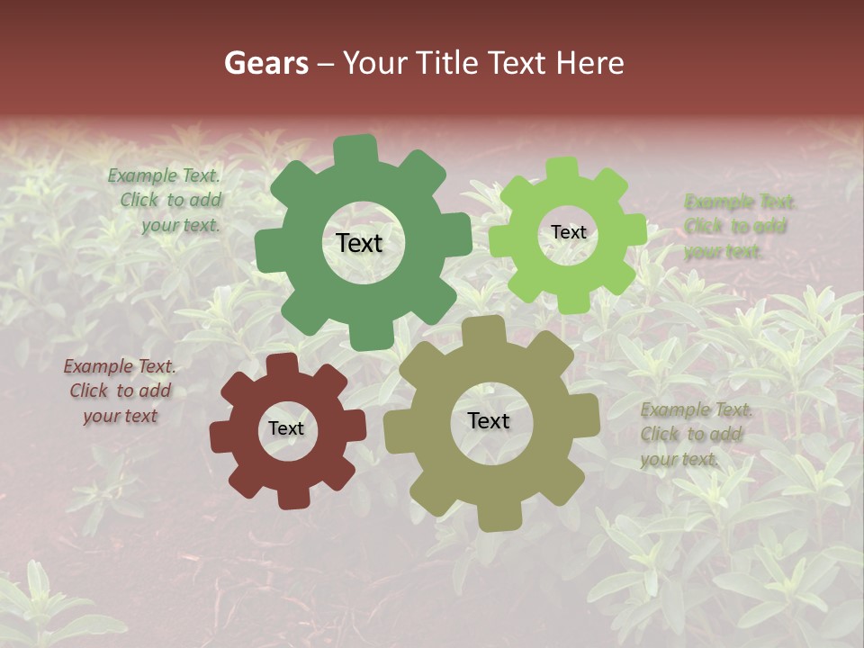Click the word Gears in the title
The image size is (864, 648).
click(265, 63)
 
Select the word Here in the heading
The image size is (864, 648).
click(589, 63)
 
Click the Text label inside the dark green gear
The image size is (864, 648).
click(359, 243)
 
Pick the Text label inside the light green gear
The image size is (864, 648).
click(568, 232)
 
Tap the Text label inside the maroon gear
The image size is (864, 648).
click(286, 428)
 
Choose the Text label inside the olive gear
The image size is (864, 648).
click(489, 420)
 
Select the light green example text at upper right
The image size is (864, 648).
click(736, 226)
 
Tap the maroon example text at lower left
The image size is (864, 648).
click(120, 391)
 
